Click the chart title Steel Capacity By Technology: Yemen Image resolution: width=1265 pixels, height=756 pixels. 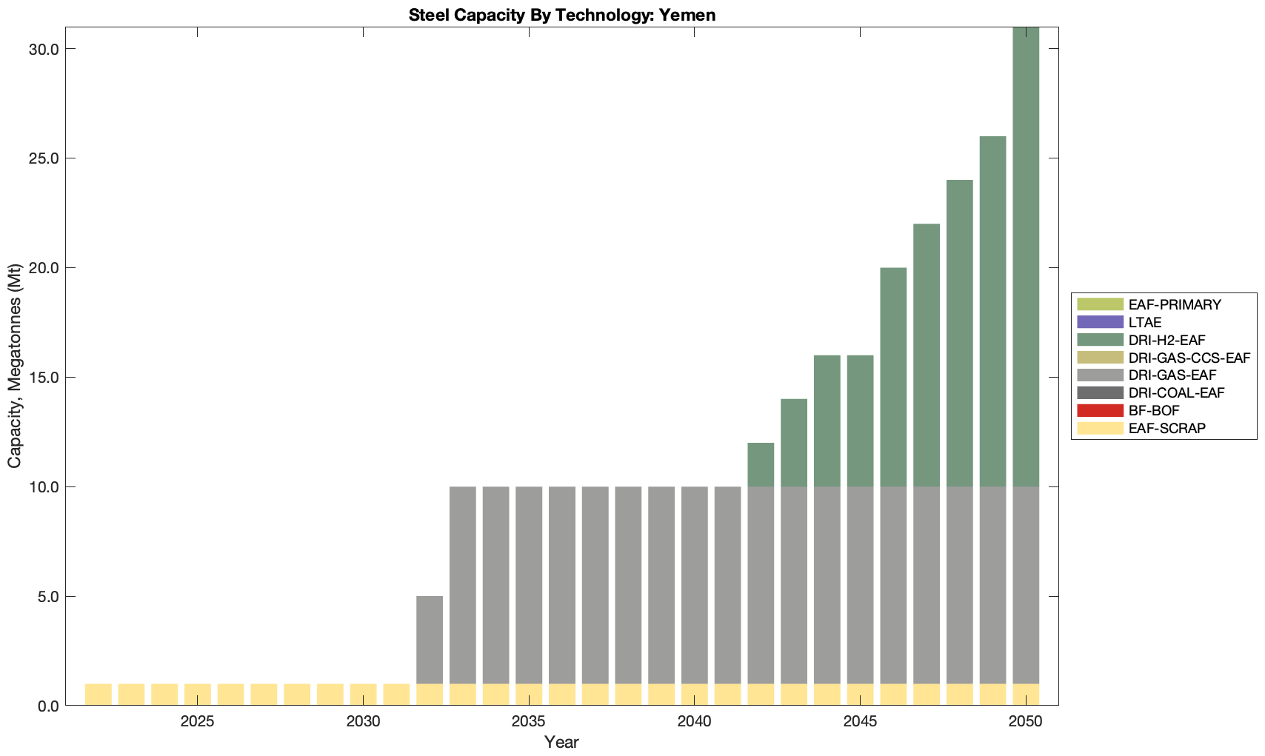(x=561, y=15)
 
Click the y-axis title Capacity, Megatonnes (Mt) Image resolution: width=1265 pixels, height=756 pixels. (x=15, y=367)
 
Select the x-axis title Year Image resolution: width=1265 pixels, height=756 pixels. (x=561, y=742)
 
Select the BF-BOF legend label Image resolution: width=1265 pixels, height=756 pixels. (x=1154, y=410)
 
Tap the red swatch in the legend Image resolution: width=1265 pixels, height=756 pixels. (x=1100, y=410)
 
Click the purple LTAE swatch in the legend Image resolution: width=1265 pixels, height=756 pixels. (x=1100, y=322)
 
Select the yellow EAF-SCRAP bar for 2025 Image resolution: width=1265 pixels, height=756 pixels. (x=198, y=695)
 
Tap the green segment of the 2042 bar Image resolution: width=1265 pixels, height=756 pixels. (x=761, y=465)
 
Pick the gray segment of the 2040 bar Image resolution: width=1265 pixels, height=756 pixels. (x=694, y=585)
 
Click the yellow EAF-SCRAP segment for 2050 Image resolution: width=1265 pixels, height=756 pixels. (x=1026, y=695)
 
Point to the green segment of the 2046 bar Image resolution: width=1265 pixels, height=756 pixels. (x=893, y=377)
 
